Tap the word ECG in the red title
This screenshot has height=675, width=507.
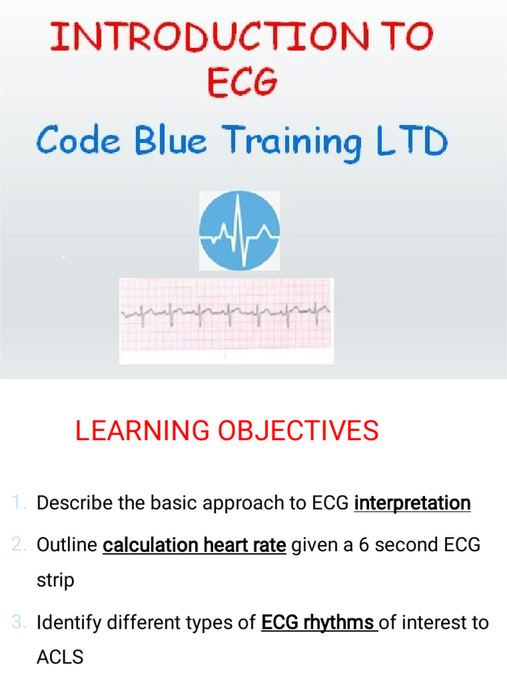[242, 83]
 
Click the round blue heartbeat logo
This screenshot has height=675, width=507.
[240, 231]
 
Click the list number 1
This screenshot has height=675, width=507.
[18, 504]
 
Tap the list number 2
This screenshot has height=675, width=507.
[18, 546]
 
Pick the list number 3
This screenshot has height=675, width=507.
[18, 622]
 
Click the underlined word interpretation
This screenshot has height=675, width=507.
[412, 504]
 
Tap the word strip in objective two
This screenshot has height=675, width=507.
[55, 581]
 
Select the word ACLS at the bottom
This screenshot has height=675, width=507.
[60, 657]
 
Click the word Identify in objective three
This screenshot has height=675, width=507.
[68, 622]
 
